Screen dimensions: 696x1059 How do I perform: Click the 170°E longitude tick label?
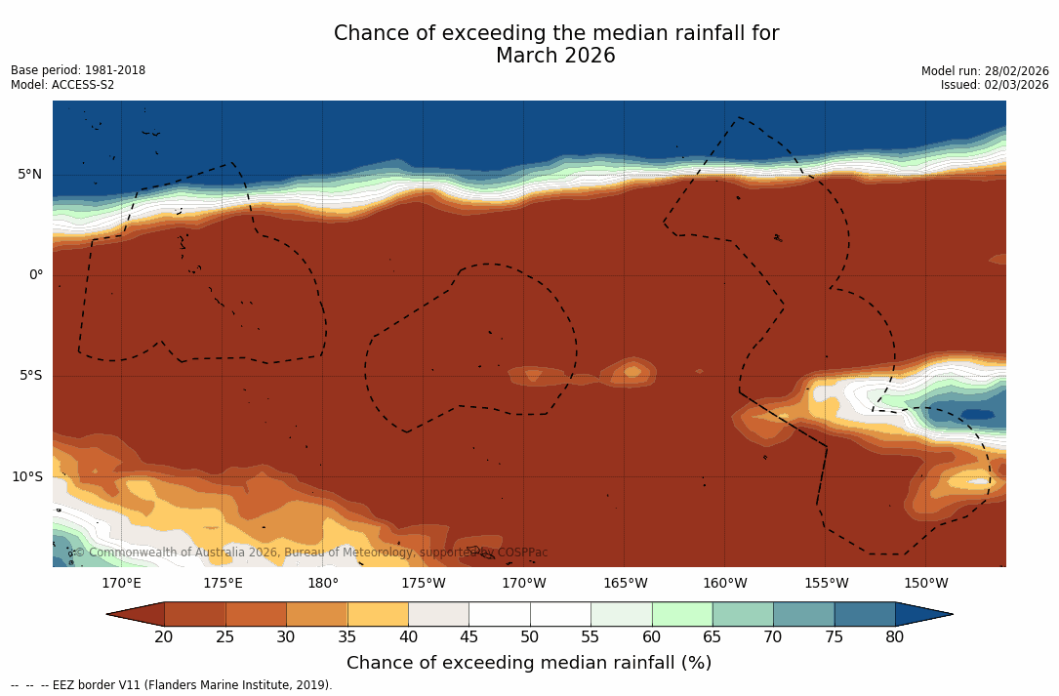[121, 584]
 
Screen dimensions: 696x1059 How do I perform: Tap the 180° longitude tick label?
[323, 584]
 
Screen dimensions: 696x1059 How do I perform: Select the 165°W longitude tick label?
[625, 584]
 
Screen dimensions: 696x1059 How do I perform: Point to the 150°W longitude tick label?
[926, 584]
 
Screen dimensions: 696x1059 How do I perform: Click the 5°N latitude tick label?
[30, 175]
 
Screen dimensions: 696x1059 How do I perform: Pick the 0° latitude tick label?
[36, 275]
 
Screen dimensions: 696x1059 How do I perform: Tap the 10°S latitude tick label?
[26, 477]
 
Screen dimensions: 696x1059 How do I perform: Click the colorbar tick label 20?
[164, 637]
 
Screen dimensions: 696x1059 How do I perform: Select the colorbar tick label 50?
[530, 637]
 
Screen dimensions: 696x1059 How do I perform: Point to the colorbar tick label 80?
[895, 637]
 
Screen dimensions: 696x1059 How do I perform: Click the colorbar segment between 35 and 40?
[378, 614]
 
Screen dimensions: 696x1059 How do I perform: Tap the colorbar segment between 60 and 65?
[682, 614]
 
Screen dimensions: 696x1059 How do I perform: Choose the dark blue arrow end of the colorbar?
[922, 614]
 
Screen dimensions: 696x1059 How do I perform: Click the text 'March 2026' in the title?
[555, 56]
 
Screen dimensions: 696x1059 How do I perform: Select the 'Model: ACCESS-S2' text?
[62, 85]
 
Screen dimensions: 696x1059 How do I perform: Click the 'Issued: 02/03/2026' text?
[995, 85]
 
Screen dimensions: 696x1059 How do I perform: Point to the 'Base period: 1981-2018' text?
[78, 70]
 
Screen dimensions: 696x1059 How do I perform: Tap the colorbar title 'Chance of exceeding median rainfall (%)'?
[529, 663]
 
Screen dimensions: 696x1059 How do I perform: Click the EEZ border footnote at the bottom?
[172, 685]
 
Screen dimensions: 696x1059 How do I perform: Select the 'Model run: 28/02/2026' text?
[985, 70]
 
